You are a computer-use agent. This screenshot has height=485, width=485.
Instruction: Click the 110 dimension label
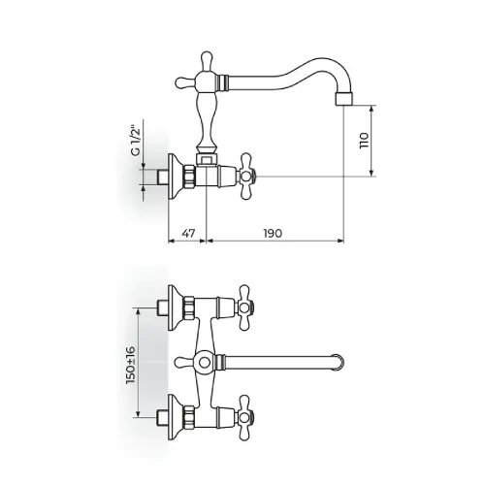pos(364,140)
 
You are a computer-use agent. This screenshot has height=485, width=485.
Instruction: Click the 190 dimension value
pos(273,233)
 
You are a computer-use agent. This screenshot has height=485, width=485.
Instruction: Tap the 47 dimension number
pos(188,233)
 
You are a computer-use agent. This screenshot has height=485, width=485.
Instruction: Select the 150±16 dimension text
pos(131,365)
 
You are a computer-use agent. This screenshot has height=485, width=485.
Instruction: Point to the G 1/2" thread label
pos(136,140)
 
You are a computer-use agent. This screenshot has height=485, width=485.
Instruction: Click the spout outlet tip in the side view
pos(344,98)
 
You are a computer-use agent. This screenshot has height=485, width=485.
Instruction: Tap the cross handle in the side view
pos(246,177)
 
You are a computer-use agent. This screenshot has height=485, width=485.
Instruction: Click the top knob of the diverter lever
pos(206,60)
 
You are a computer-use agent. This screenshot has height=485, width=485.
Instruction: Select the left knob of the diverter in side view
pos(184,82)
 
